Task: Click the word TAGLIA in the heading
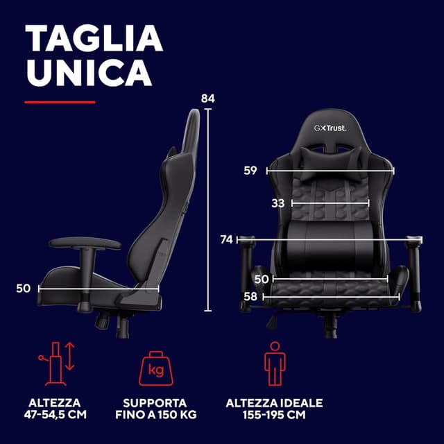click(94, 38)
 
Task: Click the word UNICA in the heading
click(89, 72)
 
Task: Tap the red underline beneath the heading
click(60, 102)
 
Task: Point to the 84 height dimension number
click(208, 99)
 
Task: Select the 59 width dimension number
click(250, 171)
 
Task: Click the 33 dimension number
click(277, 203)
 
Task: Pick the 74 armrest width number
click(227, 239)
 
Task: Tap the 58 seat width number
click(250, 296)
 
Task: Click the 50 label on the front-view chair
click(261, 279)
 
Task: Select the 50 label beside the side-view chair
click(23, 289)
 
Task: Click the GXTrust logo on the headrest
click(330, 128)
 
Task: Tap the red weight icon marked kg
click(156, 368)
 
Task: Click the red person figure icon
click(275, 364)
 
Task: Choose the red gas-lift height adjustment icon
click(57, 364)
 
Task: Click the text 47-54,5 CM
click(55, 415)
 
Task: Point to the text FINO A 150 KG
click(155, 415)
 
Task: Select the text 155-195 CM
click(274, 415)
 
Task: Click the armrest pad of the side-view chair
click(85, 243)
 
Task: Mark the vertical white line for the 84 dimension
click(208, 210)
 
